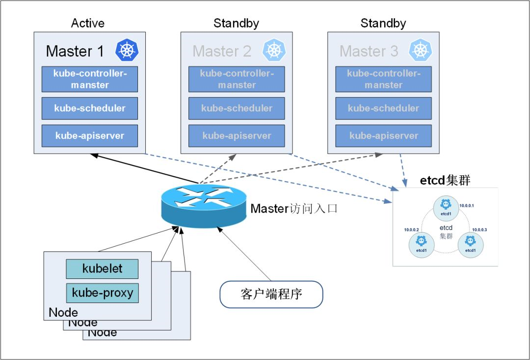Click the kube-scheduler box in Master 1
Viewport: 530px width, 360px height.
(89, 109)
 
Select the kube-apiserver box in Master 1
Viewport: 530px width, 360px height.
(89, 136)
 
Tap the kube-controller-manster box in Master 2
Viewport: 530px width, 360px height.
(237, 79)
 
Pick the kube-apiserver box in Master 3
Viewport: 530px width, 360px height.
(383, 136)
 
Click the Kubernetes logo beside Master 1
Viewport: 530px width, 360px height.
(127, 50)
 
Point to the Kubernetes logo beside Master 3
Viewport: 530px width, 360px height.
(421, 50)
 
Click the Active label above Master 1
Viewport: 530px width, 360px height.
(87, 23)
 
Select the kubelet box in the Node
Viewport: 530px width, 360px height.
(102, 269)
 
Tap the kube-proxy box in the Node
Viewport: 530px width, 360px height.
(102, 293)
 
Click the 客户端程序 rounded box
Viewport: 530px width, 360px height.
(271, 295)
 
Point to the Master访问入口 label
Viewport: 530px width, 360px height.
(294, 209)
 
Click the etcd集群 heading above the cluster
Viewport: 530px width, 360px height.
(445, 181)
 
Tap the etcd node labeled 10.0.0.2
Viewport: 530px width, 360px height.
(421, 244)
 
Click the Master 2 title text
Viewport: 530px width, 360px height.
(222, 51)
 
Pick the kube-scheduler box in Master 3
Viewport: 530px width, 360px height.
(383, 109)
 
